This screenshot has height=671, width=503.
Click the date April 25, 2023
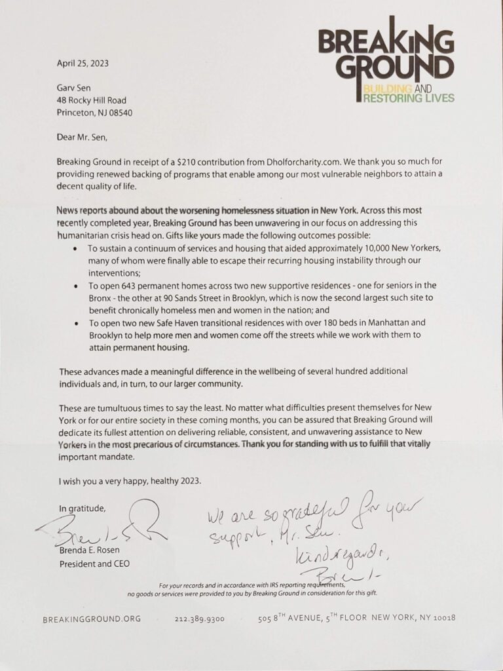pyautogui.click(x=83, y=64)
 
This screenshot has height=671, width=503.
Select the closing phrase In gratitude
pyautogui.click(x=82, y=508)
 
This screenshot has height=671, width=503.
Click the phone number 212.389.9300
pyautogui.click(x=199, y=618)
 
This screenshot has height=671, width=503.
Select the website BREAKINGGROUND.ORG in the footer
pyautogui.click(x=91, y=618)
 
